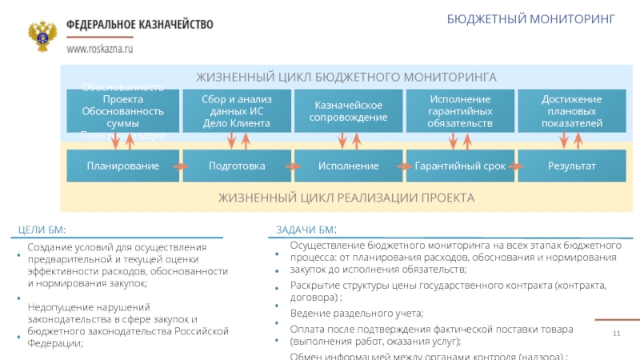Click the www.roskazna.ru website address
tap(99, 49)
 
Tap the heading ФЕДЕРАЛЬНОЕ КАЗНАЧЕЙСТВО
tap(139, 25)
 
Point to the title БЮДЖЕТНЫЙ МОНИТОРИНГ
tap(531, 18)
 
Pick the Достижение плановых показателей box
tap(571, 111)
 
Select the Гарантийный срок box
tap(460, 166)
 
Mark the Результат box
tap(571, 166)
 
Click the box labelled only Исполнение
tap(348, 166)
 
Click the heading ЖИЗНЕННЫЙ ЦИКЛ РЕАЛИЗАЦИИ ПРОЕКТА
tap(346, 197)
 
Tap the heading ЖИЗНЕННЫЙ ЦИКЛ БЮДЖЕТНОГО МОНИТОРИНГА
tap(346, 77)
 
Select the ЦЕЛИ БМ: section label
tap(42, 231)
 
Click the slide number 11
tap(617, 333)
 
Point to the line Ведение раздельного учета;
tap(356, 313)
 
